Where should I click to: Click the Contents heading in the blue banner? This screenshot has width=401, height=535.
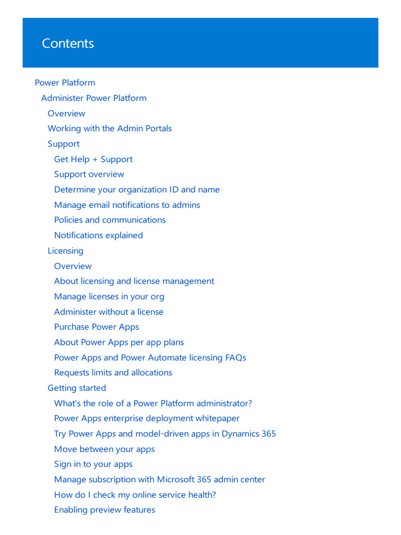point(68,43)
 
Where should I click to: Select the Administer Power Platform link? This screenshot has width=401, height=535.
point(93,98)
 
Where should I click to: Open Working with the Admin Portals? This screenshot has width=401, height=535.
point(109,129)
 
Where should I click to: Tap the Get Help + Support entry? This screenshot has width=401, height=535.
point(93,159)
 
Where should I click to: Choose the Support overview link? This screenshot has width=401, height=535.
point(89,175)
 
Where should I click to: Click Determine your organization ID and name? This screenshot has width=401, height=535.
point(136,190)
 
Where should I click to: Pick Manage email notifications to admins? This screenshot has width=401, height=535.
point(127,205)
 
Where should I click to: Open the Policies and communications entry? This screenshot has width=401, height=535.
point(110,220)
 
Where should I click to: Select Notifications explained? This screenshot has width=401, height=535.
point(98,236)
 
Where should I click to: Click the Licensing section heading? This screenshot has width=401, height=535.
point(65,251)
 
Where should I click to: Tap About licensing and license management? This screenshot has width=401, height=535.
point(134,281)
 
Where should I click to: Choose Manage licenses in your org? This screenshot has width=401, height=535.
point(109,297)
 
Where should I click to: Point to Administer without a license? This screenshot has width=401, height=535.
point(109,312)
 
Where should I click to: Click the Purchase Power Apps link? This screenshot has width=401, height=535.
point(97,327)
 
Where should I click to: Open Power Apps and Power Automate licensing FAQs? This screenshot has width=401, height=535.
point(150,358)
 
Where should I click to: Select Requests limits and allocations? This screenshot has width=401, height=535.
point(113,373)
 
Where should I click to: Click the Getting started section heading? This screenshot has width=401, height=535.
point(77,388)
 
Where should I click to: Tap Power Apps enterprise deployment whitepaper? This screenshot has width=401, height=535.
point(147,418)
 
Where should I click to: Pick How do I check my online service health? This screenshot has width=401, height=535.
point(135,495)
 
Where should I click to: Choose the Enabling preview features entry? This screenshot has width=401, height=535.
point(104,510)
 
